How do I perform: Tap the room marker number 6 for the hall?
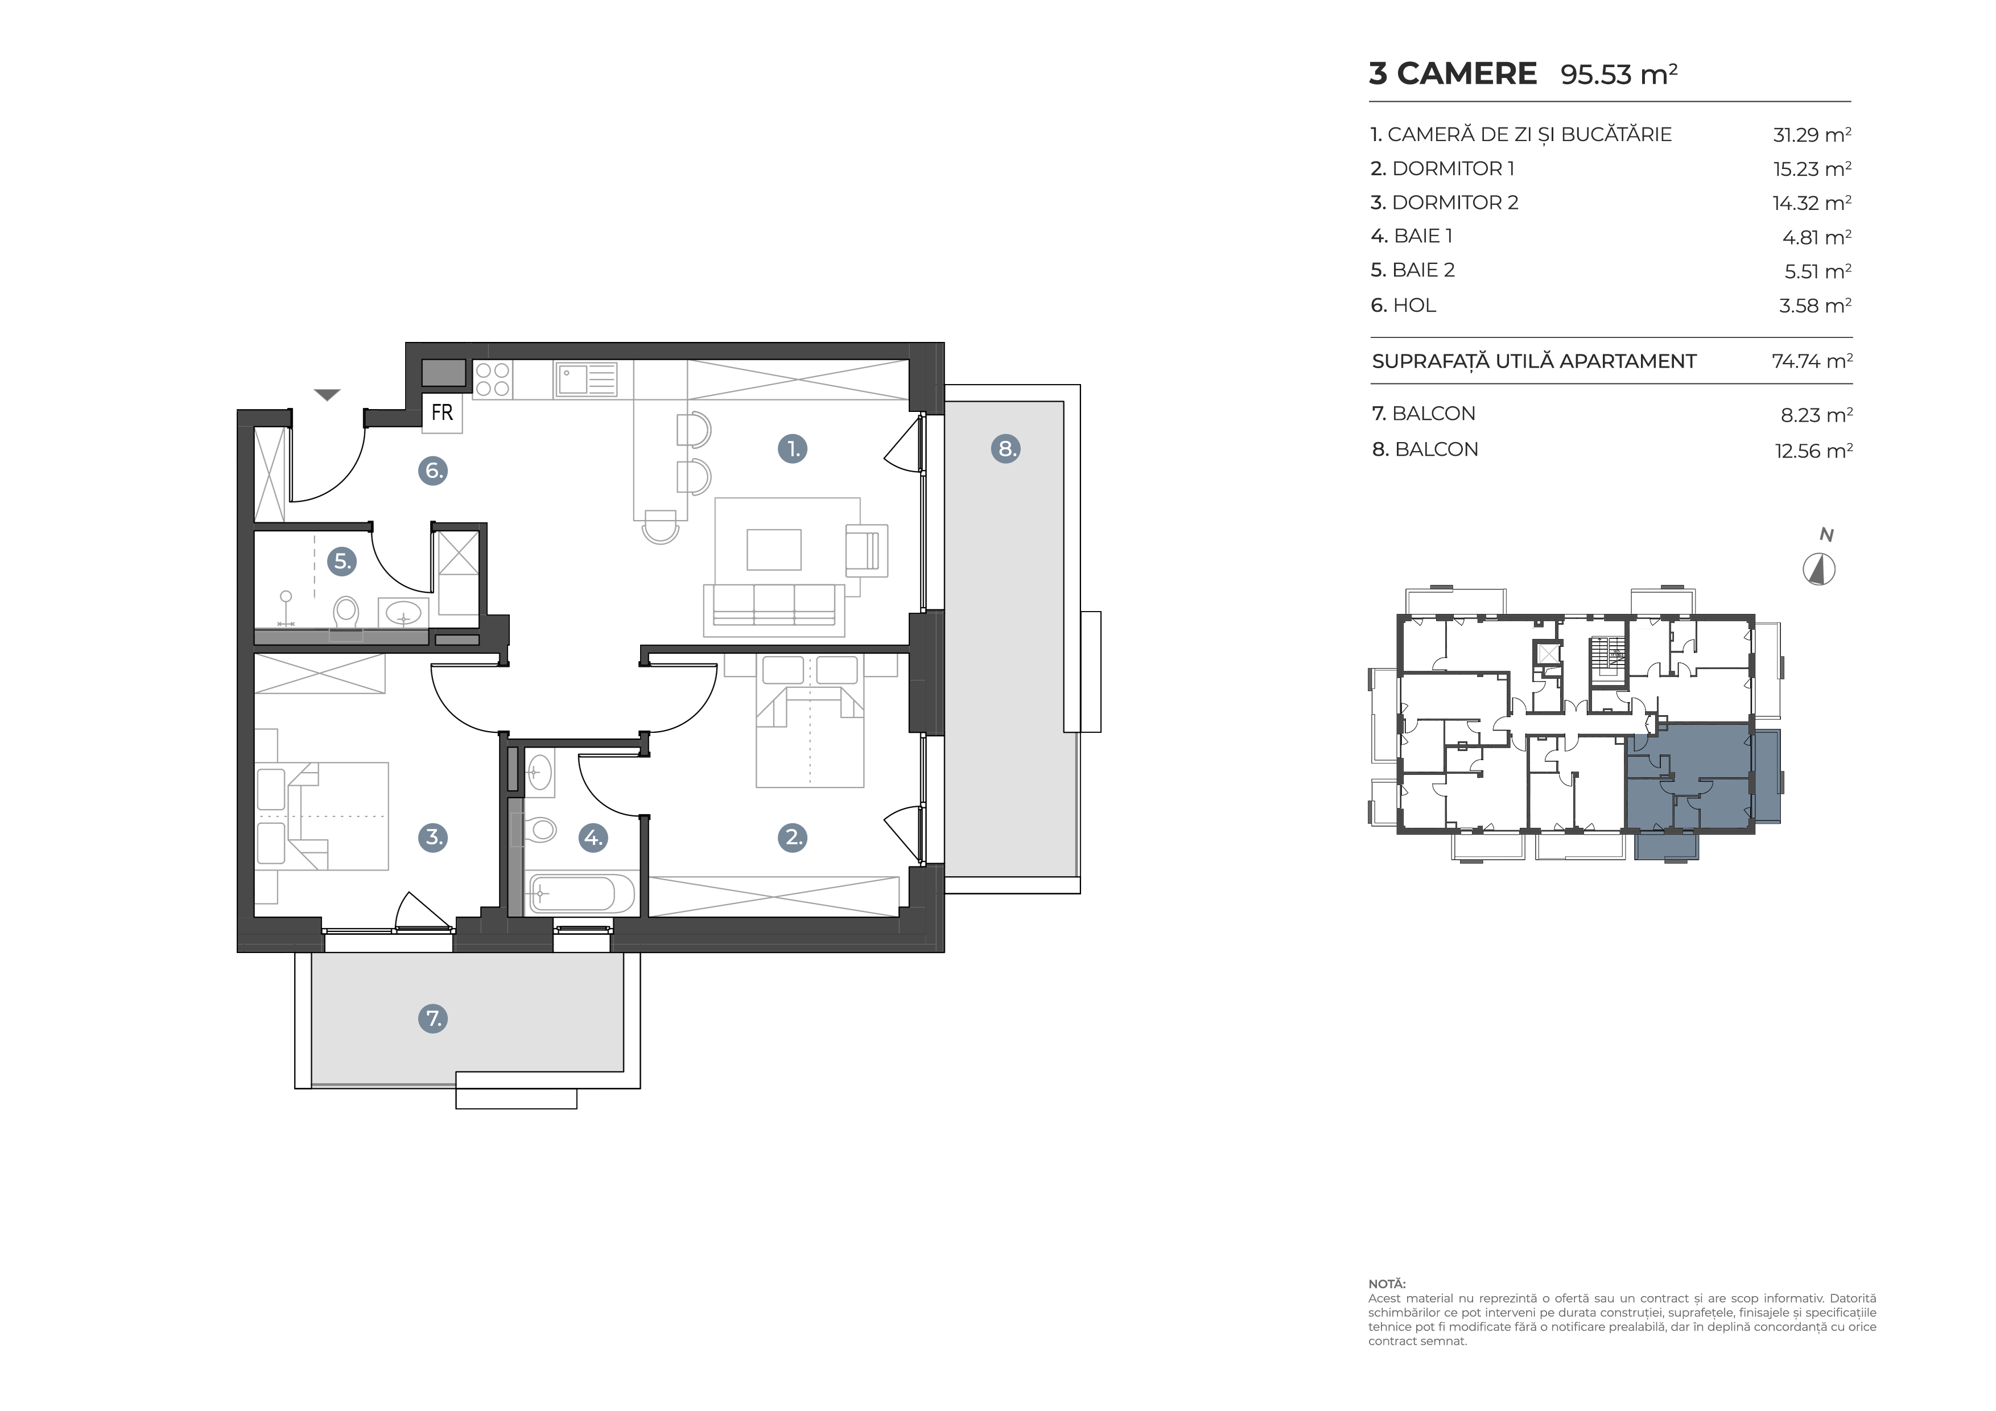click(433, 471)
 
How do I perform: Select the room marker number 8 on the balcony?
click(1006, 448)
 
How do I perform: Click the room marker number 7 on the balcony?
click(433, 1018)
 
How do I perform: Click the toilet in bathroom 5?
click(346, 613)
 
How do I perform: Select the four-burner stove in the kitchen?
click(492, 379)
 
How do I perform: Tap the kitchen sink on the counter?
click(585, 379)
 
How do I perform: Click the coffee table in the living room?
click(774, 550)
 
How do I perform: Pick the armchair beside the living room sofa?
click(866, 550)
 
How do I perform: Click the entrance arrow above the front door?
click(327, 395)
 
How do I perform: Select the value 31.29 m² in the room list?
click(1812, 135)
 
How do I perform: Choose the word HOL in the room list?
click(1414, 305)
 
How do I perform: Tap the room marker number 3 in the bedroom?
click(433, 837)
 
